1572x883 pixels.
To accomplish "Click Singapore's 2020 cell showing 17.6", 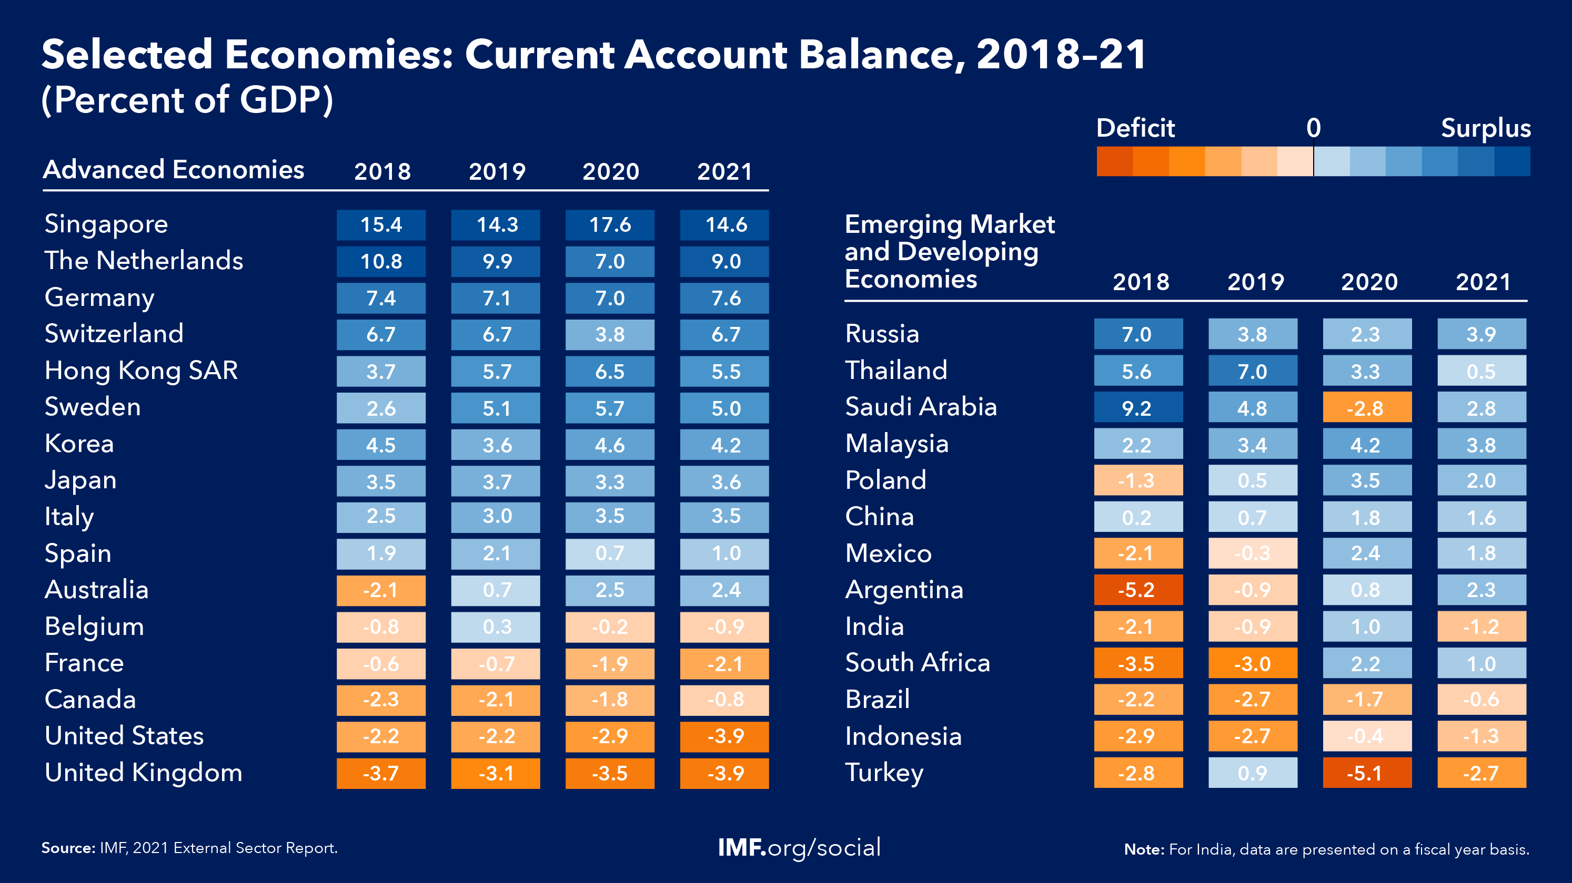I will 610,225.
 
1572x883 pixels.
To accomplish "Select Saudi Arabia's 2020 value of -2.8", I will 1366,407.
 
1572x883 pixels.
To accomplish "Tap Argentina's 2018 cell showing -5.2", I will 1137,590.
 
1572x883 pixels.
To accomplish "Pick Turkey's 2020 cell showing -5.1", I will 1366,773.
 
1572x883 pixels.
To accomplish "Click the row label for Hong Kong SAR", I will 141,371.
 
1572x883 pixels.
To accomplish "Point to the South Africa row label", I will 917,663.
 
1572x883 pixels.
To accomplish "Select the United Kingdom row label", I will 144,773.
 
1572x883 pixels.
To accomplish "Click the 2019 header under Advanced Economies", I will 497,171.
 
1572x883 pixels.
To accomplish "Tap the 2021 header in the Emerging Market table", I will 1483,282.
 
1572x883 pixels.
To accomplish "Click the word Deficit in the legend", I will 1135,128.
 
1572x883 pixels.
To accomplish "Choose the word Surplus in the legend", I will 1485,128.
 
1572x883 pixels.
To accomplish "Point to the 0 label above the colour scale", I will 1313,128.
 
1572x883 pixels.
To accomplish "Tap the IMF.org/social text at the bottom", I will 799,848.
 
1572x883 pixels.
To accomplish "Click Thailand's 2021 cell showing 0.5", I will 1481,371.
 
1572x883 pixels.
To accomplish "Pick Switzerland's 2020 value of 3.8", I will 610,335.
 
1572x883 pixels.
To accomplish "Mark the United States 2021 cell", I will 724,736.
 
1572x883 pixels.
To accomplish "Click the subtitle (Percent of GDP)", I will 187,99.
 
